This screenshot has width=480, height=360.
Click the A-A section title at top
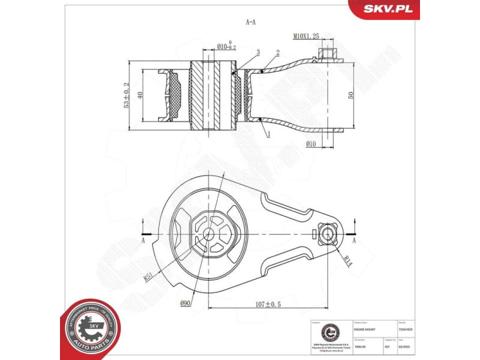[251, 22]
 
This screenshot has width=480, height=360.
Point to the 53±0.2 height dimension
[126, 95]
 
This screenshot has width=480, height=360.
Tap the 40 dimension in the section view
[139, 95]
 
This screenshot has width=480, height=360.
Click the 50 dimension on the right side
[350, 95]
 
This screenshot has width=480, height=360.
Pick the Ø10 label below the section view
[310, 143]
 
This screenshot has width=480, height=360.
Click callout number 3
[257, 53]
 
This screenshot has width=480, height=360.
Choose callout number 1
[268, 136]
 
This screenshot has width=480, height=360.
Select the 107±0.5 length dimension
[268, 304]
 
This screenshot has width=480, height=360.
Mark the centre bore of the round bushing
[208, 235]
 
